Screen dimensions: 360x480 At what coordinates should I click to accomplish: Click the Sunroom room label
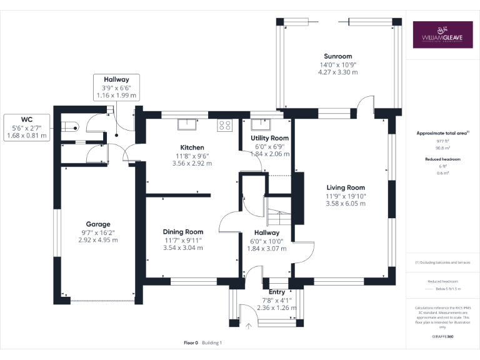[x=338, y=56]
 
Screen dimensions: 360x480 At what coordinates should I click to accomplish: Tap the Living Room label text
[x=346, y=187]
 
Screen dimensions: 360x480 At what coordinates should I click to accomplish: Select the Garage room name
[x=98, y=224]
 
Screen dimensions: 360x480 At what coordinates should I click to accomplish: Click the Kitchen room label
[x=192, y=148]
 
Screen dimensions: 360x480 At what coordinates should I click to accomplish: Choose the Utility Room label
[x=269, y=138]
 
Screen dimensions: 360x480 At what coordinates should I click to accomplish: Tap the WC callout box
[x=27, y=127]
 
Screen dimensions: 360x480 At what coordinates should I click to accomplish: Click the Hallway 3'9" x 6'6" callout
[x=116, y=87]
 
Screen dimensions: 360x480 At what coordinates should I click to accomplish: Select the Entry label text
[x=276, y=292]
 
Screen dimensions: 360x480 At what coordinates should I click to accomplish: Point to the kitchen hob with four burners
[x=224, y=125]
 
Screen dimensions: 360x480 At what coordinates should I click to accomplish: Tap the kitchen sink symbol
[x=187, y=124]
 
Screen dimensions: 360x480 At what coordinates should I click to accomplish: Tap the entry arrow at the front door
[x=249, y=325]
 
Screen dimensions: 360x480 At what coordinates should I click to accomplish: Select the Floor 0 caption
[x=191, y=342]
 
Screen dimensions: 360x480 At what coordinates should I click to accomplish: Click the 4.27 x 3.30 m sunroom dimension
[x=338, y=72]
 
